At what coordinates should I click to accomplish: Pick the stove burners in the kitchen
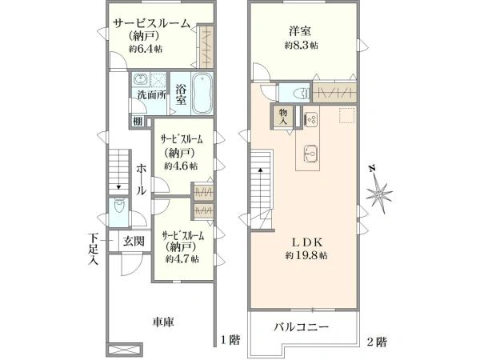(x=311, y=120)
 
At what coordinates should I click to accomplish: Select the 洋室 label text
(x=300, y=31)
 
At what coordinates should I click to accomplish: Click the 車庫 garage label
(x=164, y=322)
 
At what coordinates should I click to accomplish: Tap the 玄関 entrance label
(x=134, y=241)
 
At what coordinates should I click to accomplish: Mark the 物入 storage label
(x=286, y=116)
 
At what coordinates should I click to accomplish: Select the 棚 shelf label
(x=138, y=121)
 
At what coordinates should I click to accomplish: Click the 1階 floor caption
(x=230, y=342)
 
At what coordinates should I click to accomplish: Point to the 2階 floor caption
(x=378, y=342)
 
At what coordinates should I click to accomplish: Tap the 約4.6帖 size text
(x=179, y=166)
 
